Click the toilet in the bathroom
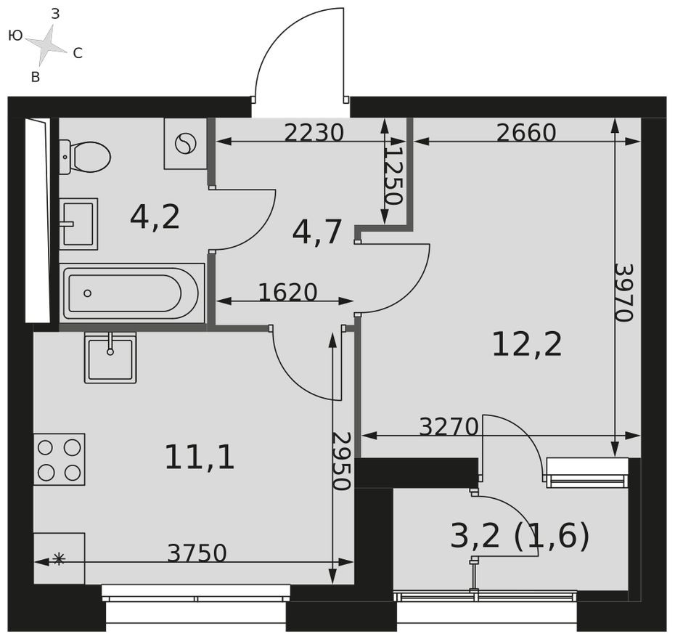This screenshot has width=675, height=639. point(86,157)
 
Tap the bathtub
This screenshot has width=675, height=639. point(131,293)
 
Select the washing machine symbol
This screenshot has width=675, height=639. point(186,143)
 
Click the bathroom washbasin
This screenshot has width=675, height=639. point(78,224)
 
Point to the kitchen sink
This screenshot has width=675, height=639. point(110,357)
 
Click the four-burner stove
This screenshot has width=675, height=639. point(60,460)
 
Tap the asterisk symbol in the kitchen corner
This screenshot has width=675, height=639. point(59,558)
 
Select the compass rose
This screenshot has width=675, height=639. point(47,44)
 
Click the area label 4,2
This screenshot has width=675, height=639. point(155,216)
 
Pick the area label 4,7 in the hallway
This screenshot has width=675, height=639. point(317,232)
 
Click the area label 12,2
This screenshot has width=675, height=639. point(527,344)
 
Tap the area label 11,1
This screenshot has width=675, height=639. point(200,457)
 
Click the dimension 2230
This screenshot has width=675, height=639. point(313,133)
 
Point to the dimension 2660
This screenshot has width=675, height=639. point(526,133)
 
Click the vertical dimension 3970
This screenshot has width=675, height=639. point(623,292)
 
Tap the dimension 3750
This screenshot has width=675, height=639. point(197,553)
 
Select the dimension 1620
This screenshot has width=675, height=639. point(287,292)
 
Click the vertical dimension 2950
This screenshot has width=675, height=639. point(340,461)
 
